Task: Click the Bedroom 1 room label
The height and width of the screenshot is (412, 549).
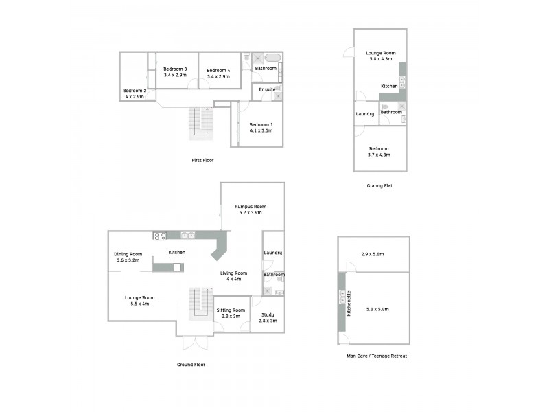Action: pyautogui.click(x=261, y=124)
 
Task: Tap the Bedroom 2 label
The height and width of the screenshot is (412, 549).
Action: pyautogui.click(x=134, y=91)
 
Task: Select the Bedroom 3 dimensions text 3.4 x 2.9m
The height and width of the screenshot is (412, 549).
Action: pyautogui.click(x=175, y=75)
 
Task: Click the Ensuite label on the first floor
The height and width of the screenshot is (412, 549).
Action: pyautogui.click(x=268, y=89)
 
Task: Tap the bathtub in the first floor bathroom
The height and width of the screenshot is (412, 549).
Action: pyautogui.click(x=272, y=58)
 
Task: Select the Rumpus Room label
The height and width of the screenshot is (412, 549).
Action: pyautogui.click(x=250, y=207)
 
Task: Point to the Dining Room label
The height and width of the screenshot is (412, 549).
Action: pyautogui.click(x=128, y=254)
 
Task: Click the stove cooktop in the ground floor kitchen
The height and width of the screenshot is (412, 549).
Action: pyautogui.click(x=160, y=236)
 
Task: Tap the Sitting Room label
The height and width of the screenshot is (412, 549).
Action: pyautogui.click(x=230, y=310)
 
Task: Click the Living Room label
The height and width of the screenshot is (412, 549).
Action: pyautogui.click(x=233, y=273)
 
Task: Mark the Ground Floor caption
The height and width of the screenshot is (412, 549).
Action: pyautogui.click(x=190, y=365)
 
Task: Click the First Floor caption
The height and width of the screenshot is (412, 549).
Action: pyautogui.click(x=202, y=160)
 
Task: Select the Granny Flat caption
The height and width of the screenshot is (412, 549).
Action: pyautogui.click(x=379, y=186)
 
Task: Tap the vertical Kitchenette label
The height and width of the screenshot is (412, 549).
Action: pyautogui.click(x=349, y=302)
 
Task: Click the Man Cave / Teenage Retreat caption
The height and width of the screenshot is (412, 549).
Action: pyautogui.click(x=377, y=356)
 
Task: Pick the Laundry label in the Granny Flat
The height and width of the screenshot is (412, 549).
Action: pyautogui.click(x=364, y=114)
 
